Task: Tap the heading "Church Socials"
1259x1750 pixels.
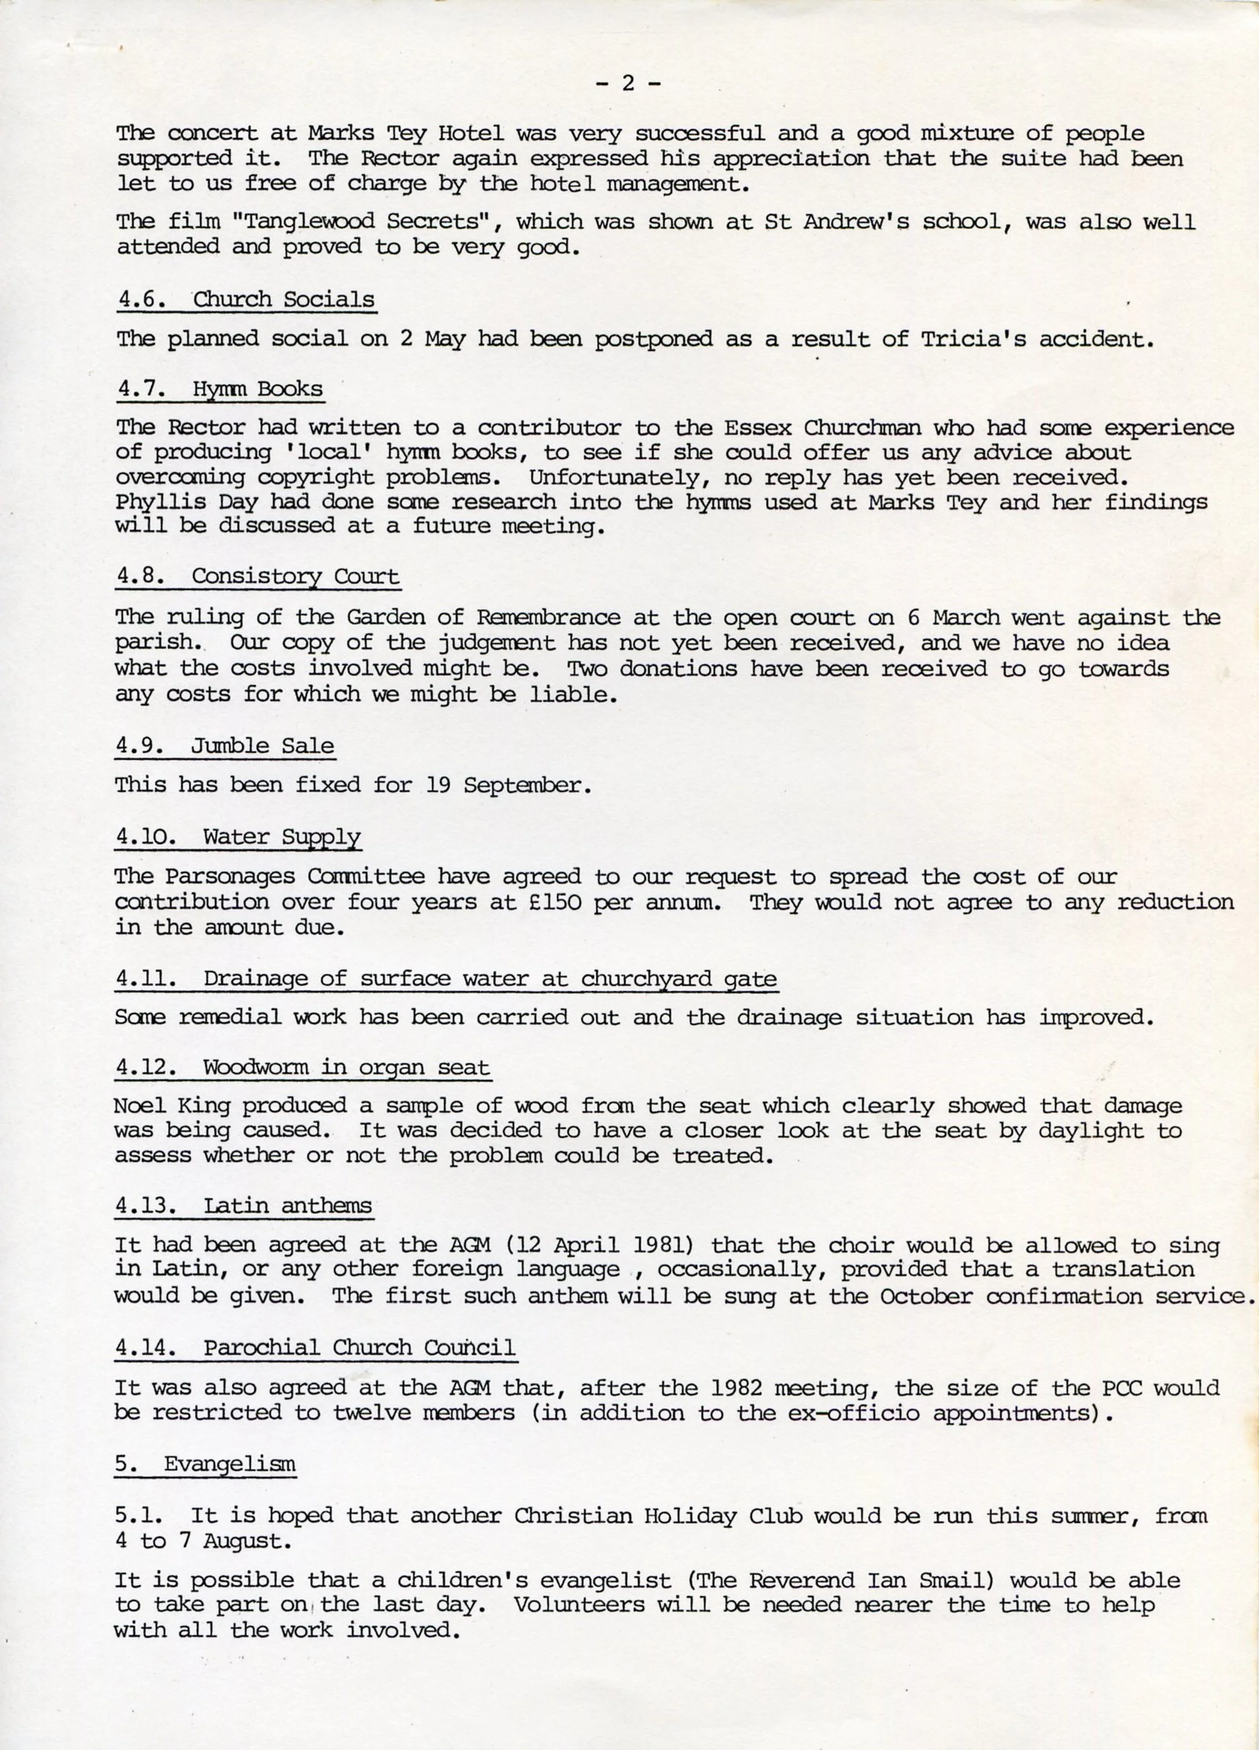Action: (283, 300)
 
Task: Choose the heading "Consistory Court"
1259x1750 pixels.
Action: (295, 577)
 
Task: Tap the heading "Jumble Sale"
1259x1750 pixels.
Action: (262, 746)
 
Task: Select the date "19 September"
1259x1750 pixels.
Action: (508, 785)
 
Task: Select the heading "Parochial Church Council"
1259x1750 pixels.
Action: (359, 1348)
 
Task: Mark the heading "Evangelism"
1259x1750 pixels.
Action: (229, 1465)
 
